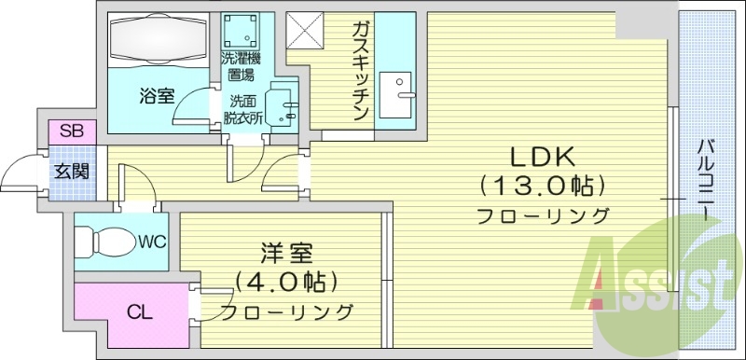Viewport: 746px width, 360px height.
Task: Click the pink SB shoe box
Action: (71, 132)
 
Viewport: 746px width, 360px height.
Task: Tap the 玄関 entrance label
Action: (71, 172)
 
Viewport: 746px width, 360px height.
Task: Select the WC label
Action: (152, 242)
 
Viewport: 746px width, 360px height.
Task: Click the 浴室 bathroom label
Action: (156, 94)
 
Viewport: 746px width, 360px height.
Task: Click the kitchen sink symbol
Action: (403, 85)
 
